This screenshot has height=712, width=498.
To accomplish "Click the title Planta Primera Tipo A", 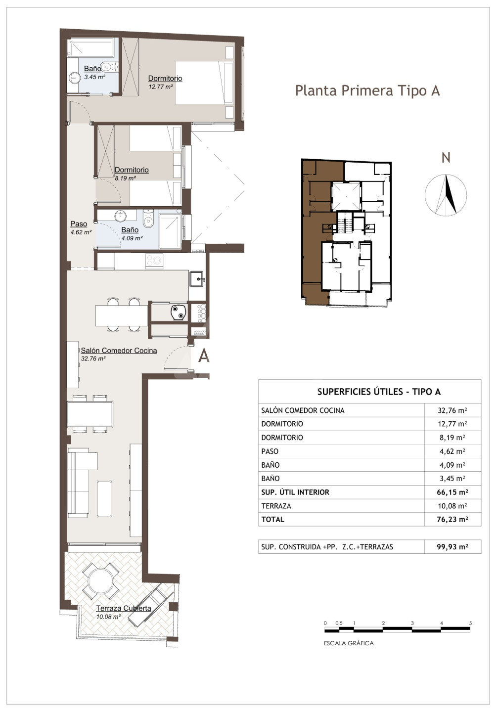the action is coord(367,91).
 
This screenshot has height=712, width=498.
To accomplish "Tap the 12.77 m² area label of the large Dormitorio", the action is coord(161,87).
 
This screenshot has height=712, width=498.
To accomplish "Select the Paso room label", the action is coord(79,224).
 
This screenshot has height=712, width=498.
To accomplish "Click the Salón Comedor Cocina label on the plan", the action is coord(119,350).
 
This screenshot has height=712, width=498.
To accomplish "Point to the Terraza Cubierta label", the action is coord(123,608).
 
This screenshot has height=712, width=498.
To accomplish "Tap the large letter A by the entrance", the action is coord(204,356).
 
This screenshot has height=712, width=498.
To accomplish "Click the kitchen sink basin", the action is coord(197,279).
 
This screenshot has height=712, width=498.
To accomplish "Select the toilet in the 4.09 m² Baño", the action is coord(148,218).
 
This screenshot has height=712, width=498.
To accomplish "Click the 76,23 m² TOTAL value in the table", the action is coord(453,519).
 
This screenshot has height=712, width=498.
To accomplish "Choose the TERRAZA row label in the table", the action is coord(276,506).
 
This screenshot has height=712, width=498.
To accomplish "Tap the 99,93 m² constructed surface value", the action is coord(453,547).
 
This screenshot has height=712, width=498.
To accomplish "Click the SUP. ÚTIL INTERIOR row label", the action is coord(295,492).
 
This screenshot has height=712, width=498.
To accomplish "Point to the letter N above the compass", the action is coord(446,158).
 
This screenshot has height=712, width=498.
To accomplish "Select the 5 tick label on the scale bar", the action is coord(471,623).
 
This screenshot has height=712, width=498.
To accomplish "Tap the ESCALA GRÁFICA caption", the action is coord(349,643).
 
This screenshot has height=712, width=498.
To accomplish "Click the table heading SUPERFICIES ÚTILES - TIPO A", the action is coord(379,392).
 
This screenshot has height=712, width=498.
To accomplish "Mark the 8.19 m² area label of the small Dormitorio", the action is coord(125,178).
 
